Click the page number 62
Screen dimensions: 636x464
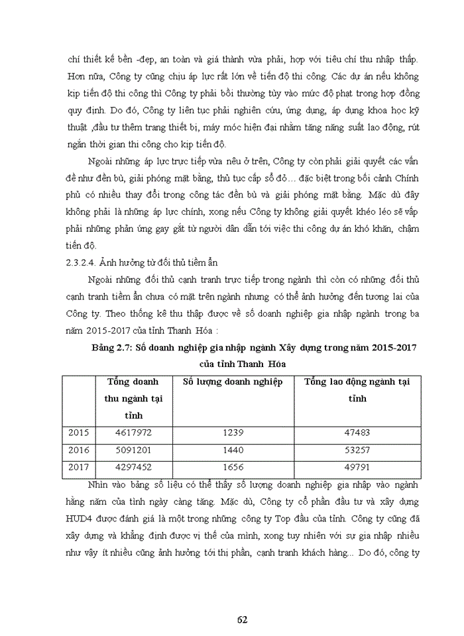tap(242, 619)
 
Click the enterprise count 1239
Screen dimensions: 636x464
tap(233, 433)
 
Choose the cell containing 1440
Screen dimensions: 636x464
tap(233, 450)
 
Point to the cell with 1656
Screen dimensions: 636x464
tap(233, 467)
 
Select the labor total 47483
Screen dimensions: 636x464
tap(357, 433)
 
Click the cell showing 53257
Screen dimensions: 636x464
tap(357, 450)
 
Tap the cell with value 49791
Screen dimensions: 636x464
tap(357, 467)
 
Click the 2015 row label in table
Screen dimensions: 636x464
tap(79, 433)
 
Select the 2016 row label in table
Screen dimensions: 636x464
tap(79, 450)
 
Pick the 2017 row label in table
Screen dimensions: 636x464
tap(79, 467)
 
